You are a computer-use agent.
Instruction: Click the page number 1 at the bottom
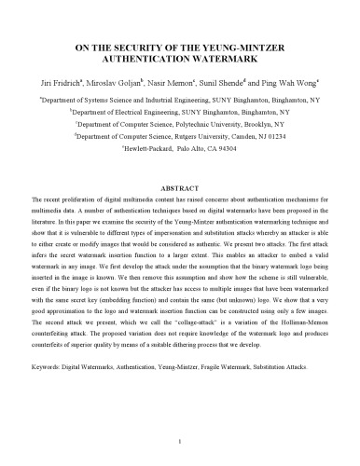coord(180,439)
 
